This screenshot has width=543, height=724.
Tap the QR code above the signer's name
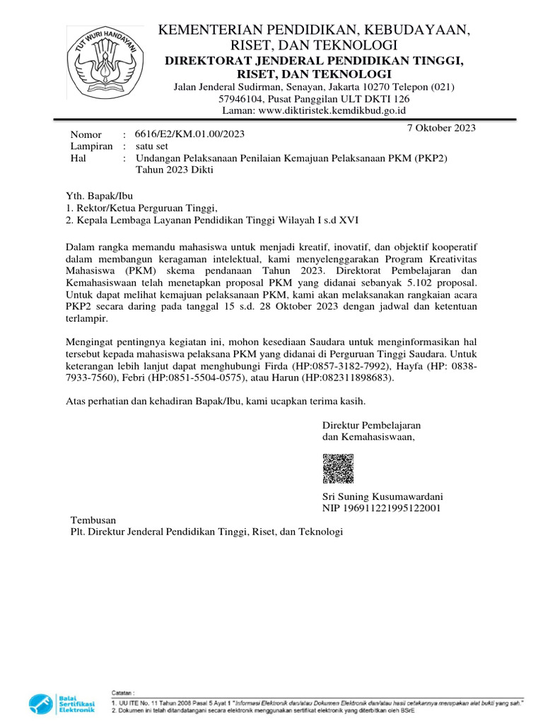[338, 469]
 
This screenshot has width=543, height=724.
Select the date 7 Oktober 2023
[442, 128]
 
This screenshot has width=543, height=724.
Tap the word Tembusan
[91, 519]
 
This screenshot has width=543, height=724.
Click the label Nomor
[86, 134]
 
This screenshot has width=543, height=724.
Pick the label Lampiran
[91, 146]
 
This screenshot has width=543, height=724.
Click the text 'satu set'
[152, 146]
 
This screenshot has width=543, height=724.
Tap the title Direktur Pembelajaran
[372, 425]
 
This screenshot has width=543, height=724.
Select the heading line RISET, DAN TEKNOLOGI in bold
[314, 74]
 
